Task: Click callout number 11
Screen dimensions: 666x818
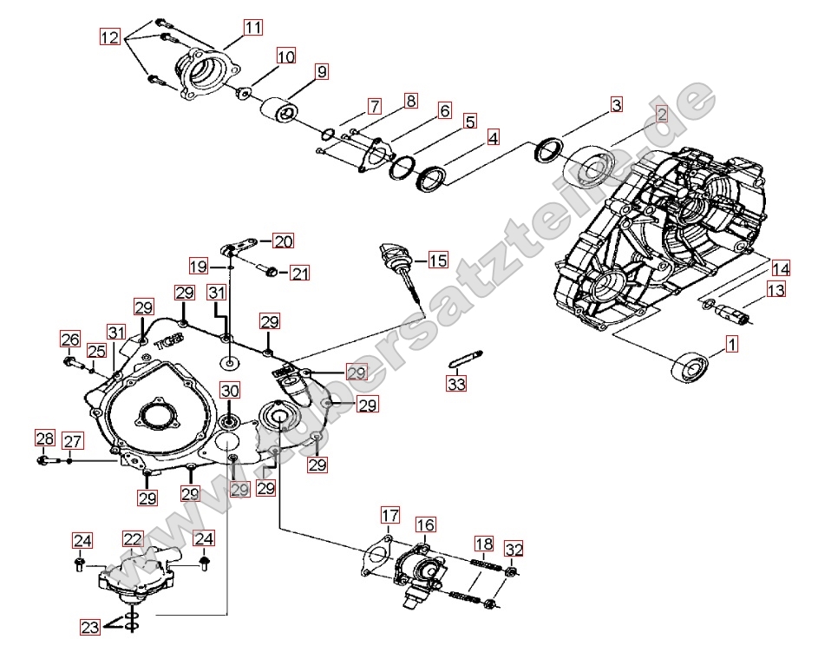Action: [x=252, y=28]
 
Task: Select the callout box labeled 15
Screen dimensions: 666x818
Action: [x=437, y=260]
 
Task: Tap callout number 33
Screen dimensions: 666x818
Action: [x=457, y=382]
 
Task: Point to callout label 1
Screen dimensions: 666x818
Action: [x=731, y=345]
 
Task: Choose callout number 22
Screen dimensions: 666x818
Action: [x=132, y=539]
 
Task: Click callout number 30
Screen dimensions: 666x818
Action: [x=229, y=391]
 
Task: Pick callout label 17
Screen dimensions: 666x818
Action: [x=388, y=518]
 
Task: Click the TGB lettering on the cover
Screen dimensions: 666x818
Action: [x=167, y=340]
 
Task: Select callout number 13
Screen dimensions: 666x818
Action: [x=775, y=289]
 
